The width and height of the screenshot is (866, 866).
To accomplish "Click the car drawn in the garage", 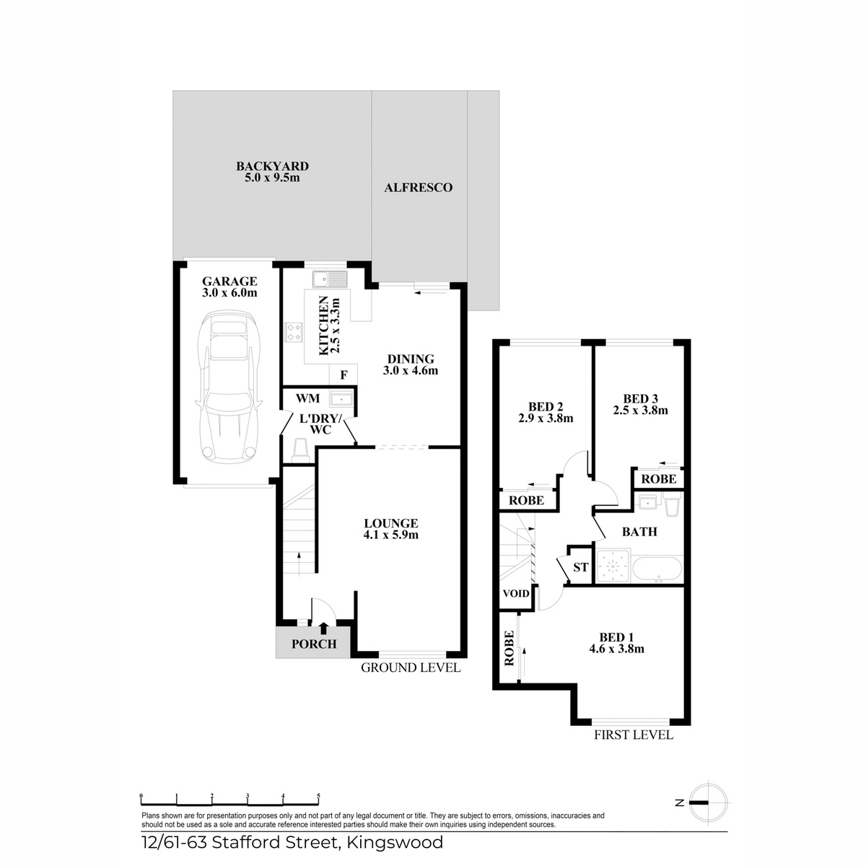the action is [228, 385].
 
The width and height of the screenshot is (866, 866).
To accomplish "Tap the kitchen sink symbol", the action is [330, 279].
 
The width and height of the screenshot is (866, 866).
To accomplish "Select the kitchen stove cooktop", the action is [294, 333].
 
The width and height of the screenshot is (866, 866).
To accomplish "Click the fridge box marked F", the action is [344, 375].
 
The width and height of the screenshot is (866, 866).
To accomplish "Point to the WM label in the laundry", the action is [308, 398].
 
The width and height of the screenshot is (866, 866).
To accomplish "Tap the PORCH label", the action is [314, 644].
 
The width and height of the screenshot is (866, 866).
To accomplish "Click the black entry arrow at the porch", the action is [323, 628].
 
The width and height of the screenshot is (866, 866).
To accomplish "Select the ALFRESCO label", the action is [418, 188].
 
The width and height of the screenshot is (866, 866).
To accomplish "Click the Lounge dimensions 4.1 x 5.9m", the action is [390, 535].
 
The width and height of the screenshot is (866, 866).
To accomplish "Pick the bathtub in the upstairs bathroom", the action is [657, 569].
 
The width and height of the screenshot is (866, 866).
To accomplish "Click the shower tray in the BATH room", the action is [613, 566].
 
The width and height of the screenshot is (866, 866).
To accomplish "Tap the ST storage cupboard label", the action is [581, 567].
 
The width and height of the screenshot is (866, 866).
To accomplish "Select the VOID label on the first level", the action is [516, 593].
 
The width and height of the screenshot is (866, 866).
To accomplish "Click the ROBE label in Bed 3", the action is [658, 479].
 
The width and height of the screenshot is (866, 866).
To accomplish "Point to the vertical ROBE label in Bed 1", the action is [509, 648].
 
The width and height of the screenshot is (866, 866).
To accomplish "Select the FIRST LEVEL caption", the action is [634, 735].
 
